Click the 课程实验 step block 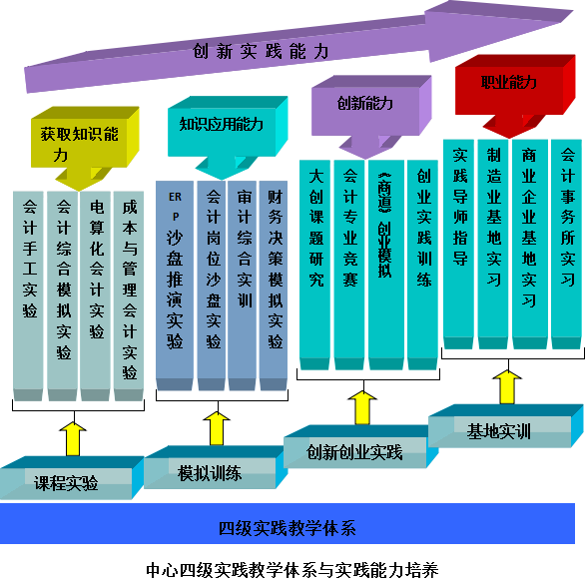point(71,478)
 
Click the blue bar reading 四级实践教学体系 point(288,523)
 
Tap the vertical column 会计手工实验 point(28,295)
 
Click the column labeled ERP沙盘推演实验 point(175,286)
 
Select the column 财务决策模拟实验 point(274,286)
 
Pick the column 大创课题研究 point(314,265)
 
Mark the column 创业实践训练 point(422,265)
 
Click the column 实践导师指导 point(458,245)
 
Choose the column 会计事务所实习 point(567,245)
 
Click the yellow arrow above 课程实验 point(73,439)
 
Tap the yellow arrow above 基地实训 point(507,386)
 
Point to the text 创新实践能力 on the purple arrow point(261,51)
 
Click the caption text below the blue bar point(292,570)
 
